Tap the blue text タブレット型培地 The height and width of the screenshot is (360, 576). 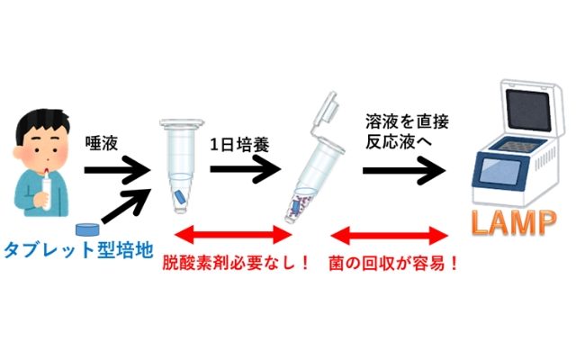coord(78,250)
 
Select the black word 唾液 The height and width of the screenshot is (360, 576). coord(102,143)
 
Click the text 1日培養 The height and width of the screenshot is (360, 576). coord(239,144)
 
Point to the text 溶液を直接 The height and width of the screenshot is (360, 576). coord(407,122)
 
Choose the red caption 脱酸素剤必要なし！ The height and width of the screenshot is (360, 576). coord(236,263)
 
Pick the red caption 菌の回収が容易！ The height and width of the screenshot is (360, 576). coord(393,263)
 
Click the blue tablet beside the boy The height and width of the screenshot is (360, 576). coord(87,229)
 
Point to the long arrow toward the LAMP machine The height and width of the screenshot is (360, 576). coord(404,170)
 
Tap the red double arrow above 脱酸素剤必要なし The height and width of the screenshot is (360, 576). coord(233,236)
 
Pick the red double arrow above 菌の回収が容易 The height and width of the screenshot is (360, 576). coord(390,236)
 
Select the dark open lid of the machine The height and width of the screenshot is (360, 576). coord(528,109)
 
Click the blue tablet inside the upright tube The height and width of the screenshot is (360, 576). coord(180,196)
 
